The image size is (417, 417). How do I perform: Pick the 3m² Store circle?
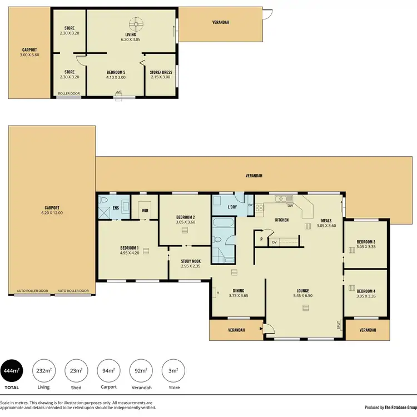click(x=173, y=371)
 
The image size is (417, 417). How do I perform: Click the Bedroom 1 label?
click(x=130, y=248)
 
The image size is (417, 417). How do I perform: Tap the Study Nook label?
click(x=191, y=261)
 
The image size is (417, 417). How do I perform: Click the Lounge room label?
click(x=302, y=291)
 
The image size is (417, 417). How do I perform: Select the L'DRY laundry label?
click(x=233, y=207)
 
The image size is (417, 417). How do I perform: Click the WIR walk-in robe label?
click(x=145, y=211)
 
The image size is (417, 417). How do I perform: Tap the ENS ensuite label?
click(x=116, y=208)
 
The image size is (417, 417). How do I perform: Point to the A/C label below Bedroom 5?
click(x=118, y=92)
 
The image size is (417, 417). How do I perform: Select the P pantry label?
click(x=260, y=240)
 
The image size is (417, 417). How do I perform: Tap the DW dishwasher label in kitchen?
click(x=290, y=206)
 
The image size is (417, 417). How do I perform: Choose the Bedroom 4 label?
click(x=365, y=291)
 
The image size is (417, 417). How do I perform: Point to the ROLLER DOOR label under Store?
click(x=68, y=93)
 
